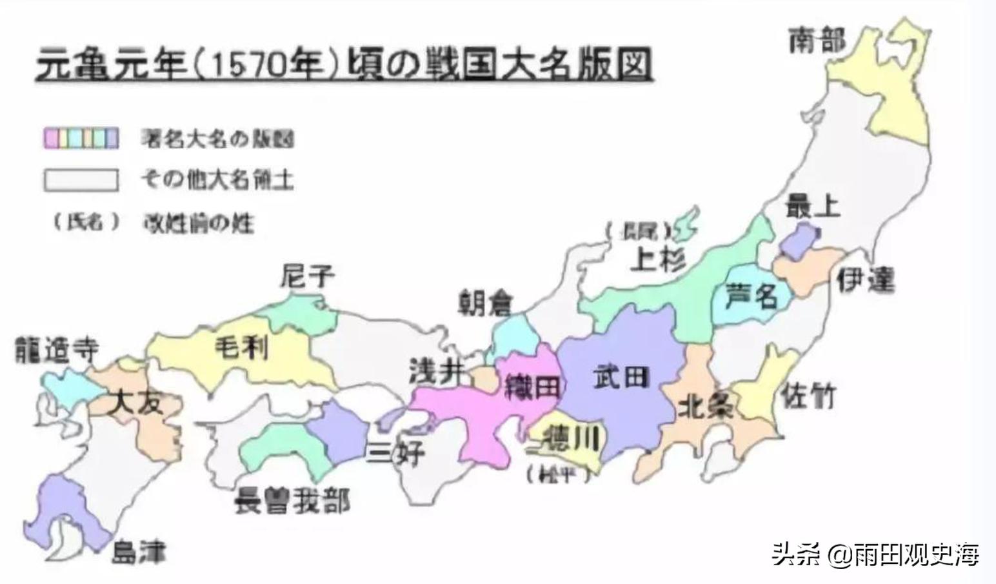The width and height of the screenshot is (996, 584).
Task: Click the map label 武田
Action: click(x=621, y=376)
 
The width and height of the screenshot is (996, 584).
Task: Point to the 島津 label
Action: click(x=139, y=553)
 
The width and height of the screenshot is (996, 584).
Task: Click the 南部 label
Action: click(x=817, y=41)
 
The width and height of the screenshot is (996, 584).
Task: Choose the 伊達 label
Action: click(x=866, y=280)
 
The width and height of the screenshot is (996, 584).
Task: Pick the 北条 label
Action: click(x=706, y=407)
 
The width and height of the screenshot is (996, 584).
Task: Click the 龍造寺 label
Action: click(x=57, y=350)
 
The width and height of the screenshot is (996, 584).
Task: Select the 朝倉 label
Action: click(x=485, y=303)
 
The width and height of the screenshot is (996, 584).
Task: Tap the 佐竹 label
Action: click(x=808, y=395)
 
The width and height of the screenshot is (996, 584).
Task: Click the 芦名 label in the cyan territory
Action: click(x=751, y=296)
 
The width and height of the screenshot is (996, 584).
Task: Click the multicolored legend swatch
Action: click(x=81, y=138)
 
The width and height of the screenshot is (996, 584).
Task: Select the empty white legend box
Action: click(x=81, y=180)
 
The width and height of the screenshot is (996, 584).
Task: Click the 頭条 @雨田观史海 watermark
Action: click(x=875, y=554)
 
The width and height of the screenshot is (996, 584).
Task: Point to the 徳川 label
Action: click(x=571, y=439)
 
